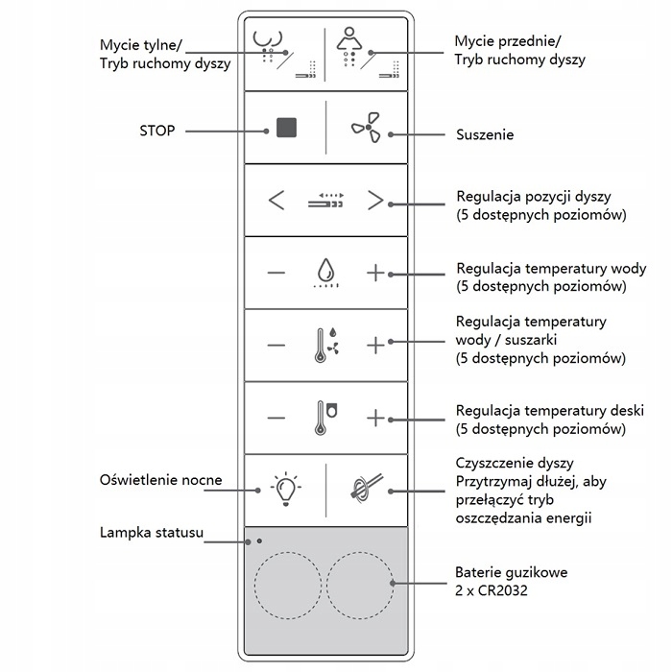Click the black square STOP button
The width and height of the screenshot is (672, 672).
pyautogui.click(x=286, y=128)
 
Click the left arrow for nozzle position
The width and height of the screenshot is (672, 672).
pyautogui.click(x=276, y=201)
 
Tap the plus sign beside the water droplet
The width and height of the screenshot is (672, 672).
pyautogui.click(x=375, y=273)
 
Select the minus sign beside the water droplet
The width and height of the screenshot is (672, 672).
pyautogui.click(x=276, y=273)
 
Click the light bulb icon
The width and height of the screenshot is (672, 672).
pyautogui.click(x=284, y=488)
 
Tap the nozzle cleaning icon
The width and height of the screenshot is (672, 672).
pyautogui.click(x=366, y=488)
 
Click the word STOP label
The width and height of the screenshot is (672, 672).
pyautogui.click(x=157, y=130)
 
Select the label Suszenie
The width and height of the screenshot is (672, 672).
pyautogui.click(x=485, y=135)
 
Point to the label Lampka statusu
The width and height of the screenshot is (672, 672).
pyautogui.click(x=152, y=533)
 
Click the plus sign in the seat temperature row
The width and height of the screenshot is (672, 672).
pyautogui.click(x=375, y=418)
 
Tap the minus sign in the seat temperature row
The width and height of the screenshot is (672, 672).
pyautogui.click(x=276, y=418)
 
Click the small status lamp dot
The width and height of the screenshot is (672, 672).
pyautogui.click(x=259, y=540)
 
